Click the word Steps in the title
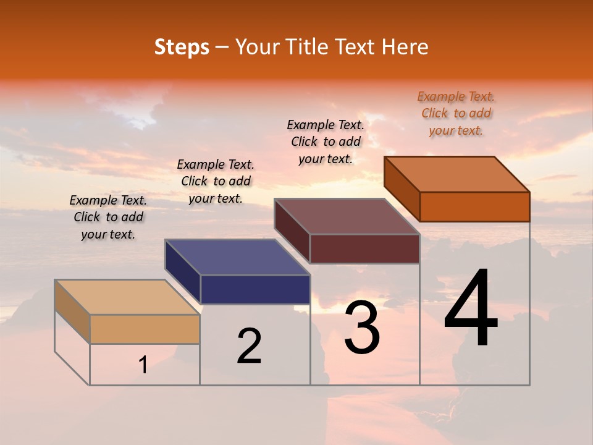[182, 48]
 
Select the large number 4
[471, 308]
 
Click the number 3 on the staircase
[361, 328]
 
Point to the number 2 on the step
[249, 346]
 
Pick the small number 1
[143, 365]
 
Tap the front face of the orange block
[474, 206]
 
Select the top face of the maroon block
[347, 216]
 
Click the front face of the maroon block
[364, 248]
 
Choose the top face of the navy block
[238, 257]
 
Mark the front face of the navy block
[255, 289]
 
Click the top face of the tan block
[127, 297]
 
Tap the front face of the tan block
[145, 329]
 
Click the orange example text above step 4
[456, 113]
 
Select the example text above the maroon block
[326, 142]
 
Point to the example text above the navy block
[216, 181]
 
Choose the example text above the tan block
[108, 217]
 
